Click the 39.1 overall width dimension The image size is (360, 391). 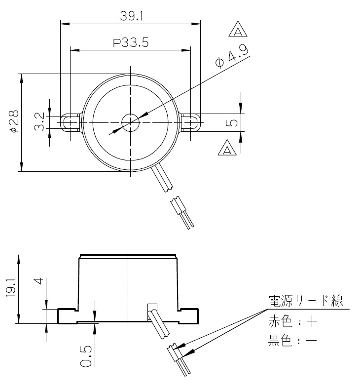point(131,16)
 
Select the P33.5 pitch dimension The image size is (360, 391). point(131,42)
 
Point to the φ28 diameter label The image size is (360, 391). point(14,121)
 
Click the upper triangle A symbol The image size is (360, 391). point(238,31)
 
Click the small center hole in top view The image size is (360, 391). point(131,121)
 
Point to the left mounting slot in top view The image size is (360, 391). point(70,121)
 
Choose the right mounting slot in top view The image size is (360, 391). point(190,121)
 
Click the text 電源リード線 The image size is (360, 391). point(305,301)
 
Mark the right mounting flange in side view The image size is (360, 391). point(189,315)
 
